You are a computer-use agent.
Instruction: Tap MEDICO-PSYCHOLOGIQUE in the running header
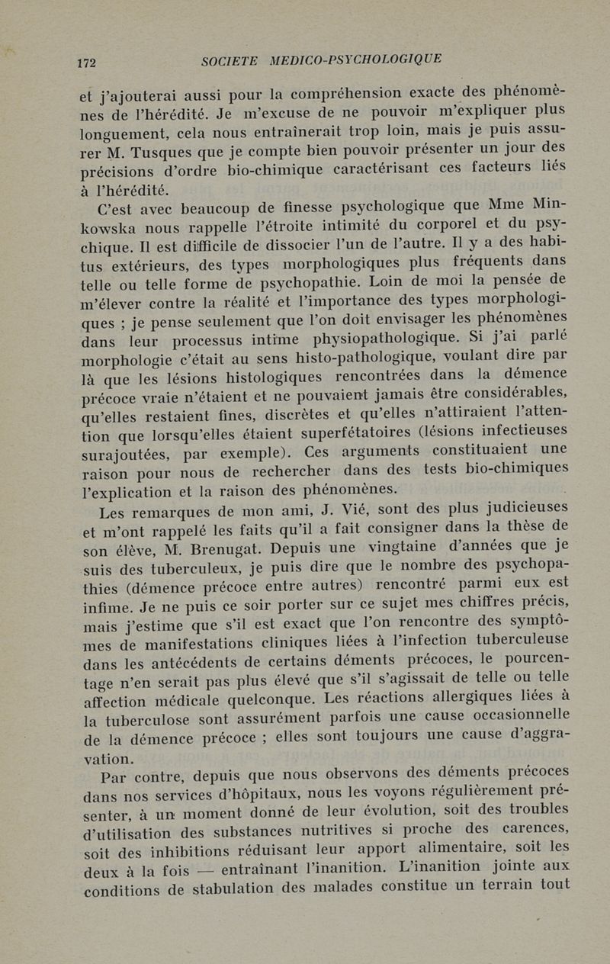[x=355, y=59]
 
